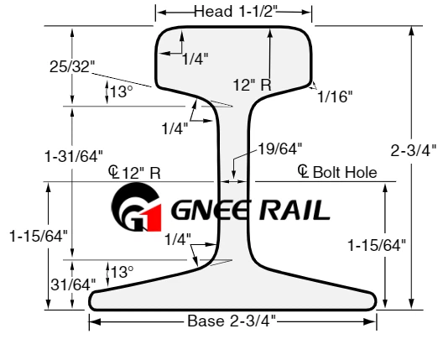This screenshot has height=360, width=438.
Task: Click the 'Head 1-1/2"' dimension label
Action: tap(236, 12)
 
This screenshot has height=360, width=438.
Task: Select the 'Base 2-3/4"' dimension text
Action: tap(232, 321)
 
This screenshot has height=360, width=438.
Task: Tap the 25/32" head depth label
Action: tap(72, 67)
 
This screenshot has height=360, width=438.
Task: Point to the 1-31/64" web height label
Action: tap(74, 156)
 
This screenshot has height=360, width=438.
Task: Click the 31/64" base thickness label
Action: tap(73, 284)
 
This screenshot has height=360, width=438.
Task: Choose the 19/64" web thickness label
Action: tap(280, 149)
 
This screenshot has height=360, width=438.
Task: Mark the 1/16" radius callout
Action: tap(335, 97)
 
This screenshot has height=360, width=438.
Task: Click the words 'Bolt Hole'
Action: tap(345, 172)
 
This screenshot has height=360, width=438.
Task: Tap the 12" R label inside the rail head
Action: tap(253, 85)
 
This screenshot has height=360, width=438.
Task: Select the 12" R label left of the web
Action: tap(142, 173)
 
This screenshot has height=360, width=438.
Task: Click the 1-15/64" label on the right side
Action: tap(377, 245)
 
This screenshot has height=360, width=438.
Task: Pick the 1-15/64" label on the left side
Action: tap(39, 236)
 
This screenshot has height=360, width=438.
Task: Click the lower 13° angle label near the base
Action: tap(123, 272)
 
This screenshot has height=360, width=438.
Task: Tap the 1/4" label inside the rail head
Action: tap(196, 59)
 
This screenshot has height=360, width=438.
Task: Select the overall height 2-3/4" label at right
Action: tap(414, 151)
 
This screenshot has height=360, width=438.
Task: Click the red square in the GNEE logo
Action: tap(154, 218)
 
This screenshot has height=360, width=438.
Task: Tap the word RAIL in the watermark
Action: tap(295, 211)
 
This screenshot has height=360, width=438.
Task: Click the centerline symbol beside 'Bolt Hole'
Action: tap(303, 171)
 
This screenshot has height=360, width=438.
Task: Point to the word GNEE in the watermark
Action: tap(210, 210)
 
